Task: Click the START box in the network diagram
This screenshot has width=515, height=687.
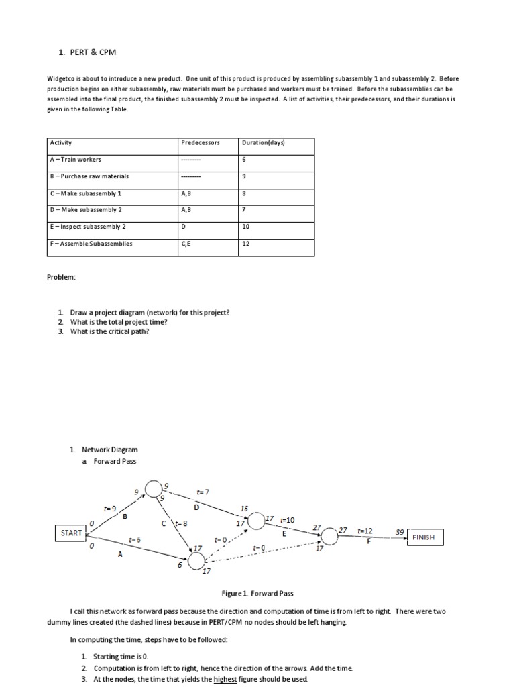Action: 71,533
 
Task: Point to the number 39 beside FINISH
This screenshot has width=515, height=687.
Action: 400,532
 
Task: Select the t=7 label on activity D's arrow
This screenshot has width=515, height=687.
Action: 203,493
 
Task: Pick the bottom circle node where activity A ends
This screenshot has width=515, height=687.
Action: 196,560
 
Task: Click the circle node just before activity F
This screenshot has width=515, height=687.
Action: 329,537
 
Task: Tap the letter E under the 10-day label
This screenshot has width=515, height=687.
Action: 284,534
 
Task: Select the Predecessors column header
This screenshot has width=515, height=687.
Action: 200,142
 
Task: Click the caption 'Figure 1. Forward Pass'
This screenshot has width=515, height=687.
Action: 257,594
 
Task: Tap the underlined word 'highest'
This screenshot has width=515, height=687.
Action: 225,679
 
